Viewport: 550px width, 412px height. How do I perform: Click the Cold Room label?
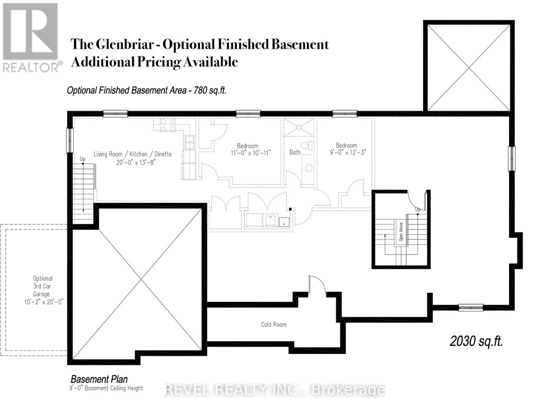pyautogui.click(x=274, y=324)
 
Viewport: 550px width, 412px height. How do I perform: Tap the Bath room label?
pyautogui.click(x=295, y=152)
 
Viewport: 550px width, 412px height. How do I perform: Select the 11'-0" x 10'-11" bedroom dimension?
pyautogui.click(x=251, y=153)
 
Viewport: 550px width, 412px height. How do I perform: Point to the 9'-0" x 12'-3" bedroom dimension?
pyautogui.click(x=348, y=152)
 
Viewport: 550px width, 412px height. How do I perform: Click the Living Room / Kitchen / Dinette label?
pyautogui.click(x=133, y=154)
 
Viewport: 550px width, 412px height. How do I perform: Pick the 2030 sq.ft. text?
pyautogui.click(x=476, y=341)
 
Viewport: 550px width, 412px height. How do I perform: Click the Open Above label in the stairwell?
pyautogui.click(x=401, y=231)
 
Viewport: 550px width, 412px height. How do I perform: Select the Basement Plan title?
pyautogui.click(x=99, y=379)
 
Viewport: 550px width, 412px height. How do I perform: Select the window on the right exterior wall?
pyautogui.click(x=512, y=158)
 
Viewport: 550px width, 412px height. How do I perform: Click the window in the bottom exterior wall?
pyautogui.click(x=471, y=308)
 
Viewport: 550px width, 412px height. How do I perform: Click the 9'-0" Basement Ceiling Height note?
pyautogui.click(x=106, y=388)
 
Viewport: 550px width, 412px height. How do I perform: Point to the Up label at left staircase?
pyautogui.click(x=82, y=159)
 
